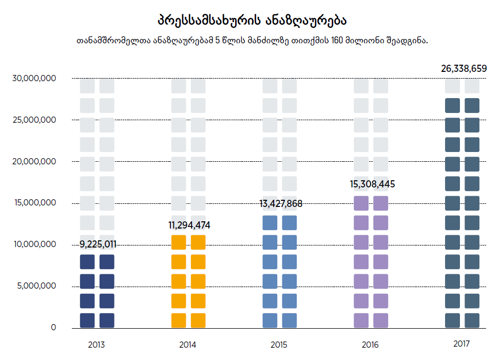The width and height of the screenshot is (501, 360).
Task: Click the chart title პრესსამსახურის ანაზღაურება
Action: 252,21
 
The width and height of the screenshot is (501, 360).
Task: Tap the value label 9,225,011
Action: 98,244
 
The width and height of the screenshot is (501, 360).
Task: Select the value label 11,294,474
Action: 189,225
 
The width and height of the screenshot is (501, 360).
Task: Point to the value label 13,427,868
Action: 281,204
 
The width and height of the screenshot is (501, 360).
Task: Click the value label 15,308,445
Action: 372,184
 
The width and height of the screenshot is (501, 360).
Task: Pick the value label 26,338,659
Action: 464,68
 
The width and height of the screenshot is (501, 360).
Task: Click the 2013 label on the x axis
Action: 97,345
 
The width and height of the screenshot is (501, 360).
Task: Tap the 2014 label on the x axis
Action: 188,345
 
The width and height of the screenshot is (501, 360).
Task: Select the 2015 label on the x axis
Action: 279,345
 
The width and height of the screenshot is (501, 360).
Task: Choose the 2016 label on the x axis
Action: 370,345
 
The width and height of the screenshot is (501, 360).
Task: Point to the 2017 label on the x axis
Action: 461,344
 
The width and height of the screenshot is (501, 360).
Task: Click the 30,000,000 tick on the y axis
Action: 35,78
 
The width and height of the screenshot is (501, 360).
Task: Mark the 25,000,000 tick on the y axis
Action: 35,120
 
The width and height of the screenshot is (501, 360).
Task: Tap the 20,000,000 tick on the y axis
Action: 35,161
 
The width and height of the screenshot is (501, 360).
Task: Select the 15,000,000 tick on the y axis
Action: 35,203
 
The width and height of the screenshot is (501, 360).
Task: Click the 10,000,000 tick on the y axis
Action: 35,244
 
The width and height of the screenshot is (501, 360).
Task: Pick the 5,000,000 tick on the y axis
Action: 37,286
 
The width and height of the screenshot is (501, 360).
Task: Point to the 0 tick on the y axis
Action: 53,328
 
